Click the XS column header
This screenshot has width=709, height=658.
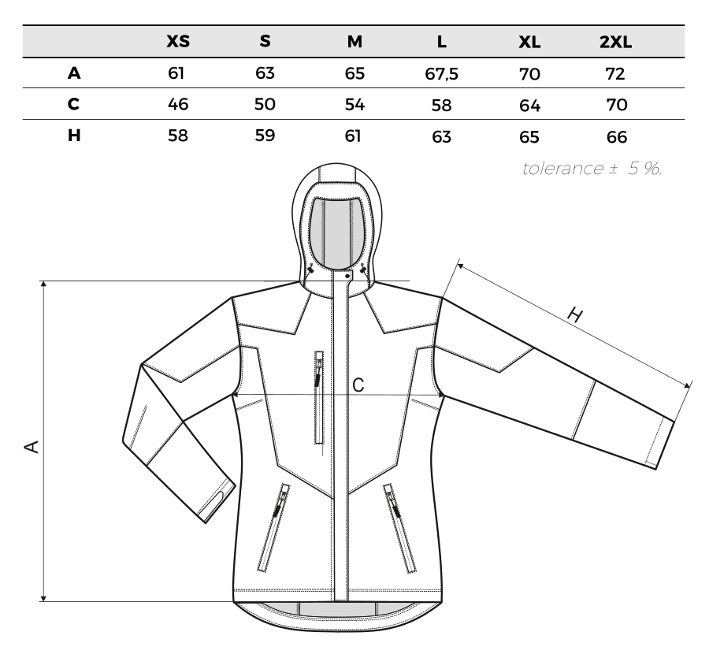178,41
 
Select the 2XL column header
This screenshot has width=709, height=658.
615,42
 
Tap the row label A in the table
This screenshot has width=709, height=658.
74,72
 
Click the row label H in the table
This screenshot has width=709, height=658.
74,136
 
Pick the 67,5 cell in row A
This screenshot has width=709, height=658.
441,74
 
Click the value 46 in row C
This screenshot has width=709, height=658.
178,104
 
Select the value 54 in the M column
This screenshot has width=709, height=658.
354,105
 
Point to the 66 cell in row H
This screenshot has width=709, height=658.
617,136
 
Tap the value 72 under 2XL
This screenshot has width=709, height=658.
615,73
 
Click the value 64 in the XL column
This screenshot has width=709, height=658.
529,106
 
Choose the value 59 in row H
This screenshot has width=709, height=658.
265,136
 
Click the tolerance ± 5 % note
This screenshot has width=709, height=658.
592,168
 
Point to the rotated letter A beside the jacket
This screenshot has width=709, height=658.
32,446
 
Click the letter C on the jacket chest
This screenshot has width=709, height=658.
358,385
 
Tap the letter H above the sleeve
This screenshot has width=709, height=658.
575,314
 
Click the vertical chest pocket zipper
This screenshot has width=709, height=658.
319,397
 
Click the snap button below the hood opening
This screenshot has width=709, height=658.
347,275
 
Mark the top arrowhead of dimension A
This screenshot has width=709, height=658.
43,284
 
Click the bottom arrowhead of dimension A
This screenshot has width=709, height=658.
43,598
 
